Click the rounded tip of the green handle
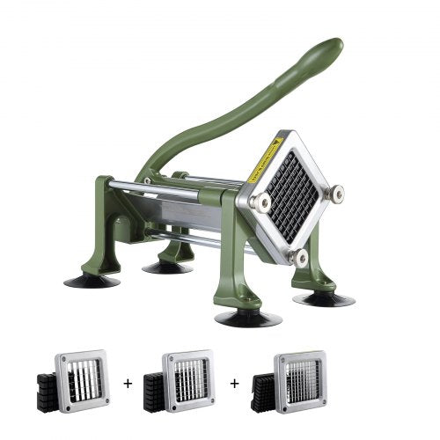click(x=332, y=46)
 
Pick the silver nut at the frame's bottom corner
click(x=300, y=258)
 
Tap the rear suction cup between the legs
click(x=167, y=265)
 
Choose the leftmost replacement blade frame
click(x=84, y=380)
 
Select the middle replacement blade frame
click(x=187, y=380)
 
